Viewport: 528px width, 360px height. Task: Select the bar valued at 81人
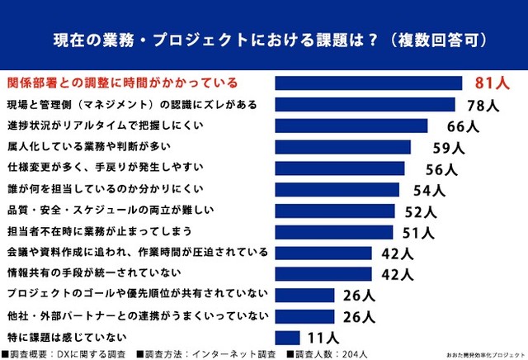(x=368, y=83)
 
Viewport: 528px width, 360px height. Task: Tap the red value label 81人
(x=493, y=83)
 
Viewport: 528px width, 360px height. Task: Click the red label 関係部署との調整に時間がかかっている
(x=122, y=83)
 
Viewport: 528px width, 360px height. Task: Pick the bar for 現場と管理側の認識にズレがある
(x=365, y=104)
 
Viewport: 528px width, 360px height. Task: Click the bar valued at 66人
(x=351, y=126)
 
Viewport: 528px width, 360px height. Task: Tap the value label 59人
(x=450, y=148)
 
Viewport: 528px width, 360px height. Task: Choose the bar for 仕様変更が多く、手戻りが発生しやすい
(x=340, y=168)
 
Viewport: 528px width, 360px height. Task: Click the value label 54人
(x=427, y=190)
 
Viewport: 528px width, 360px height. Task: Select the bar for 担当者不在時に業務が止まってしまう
(x=334, y=232)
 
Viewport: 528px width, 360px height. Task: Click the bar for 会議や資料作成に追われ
(x=324, y=253)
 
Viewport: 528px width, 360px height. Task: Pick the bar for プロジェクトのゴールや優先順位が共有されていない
(x=304, y=295)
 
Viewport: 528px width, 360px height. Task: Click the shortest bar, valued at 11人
(x=287, y=337)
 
